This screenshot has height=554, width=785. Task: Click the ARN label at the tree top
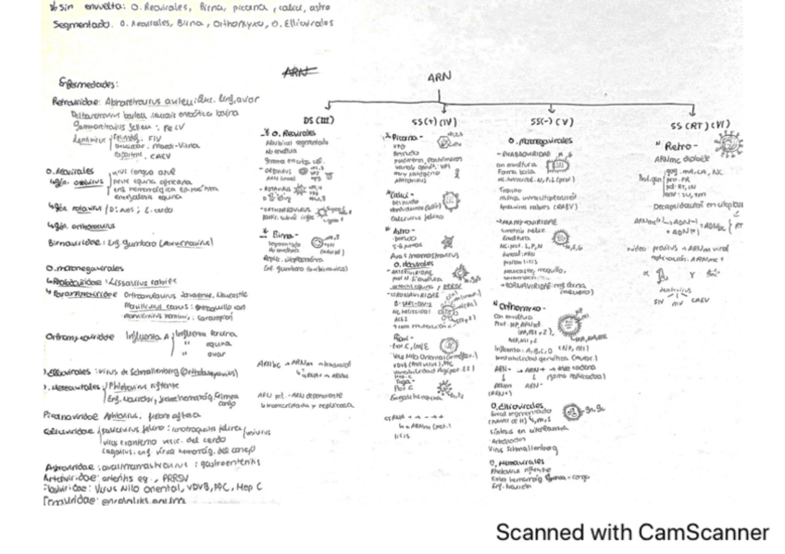439,80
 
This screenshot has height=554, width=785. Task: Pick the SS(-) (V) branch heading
551,121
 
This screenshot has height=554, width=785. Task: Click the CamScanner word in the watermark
704,533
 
